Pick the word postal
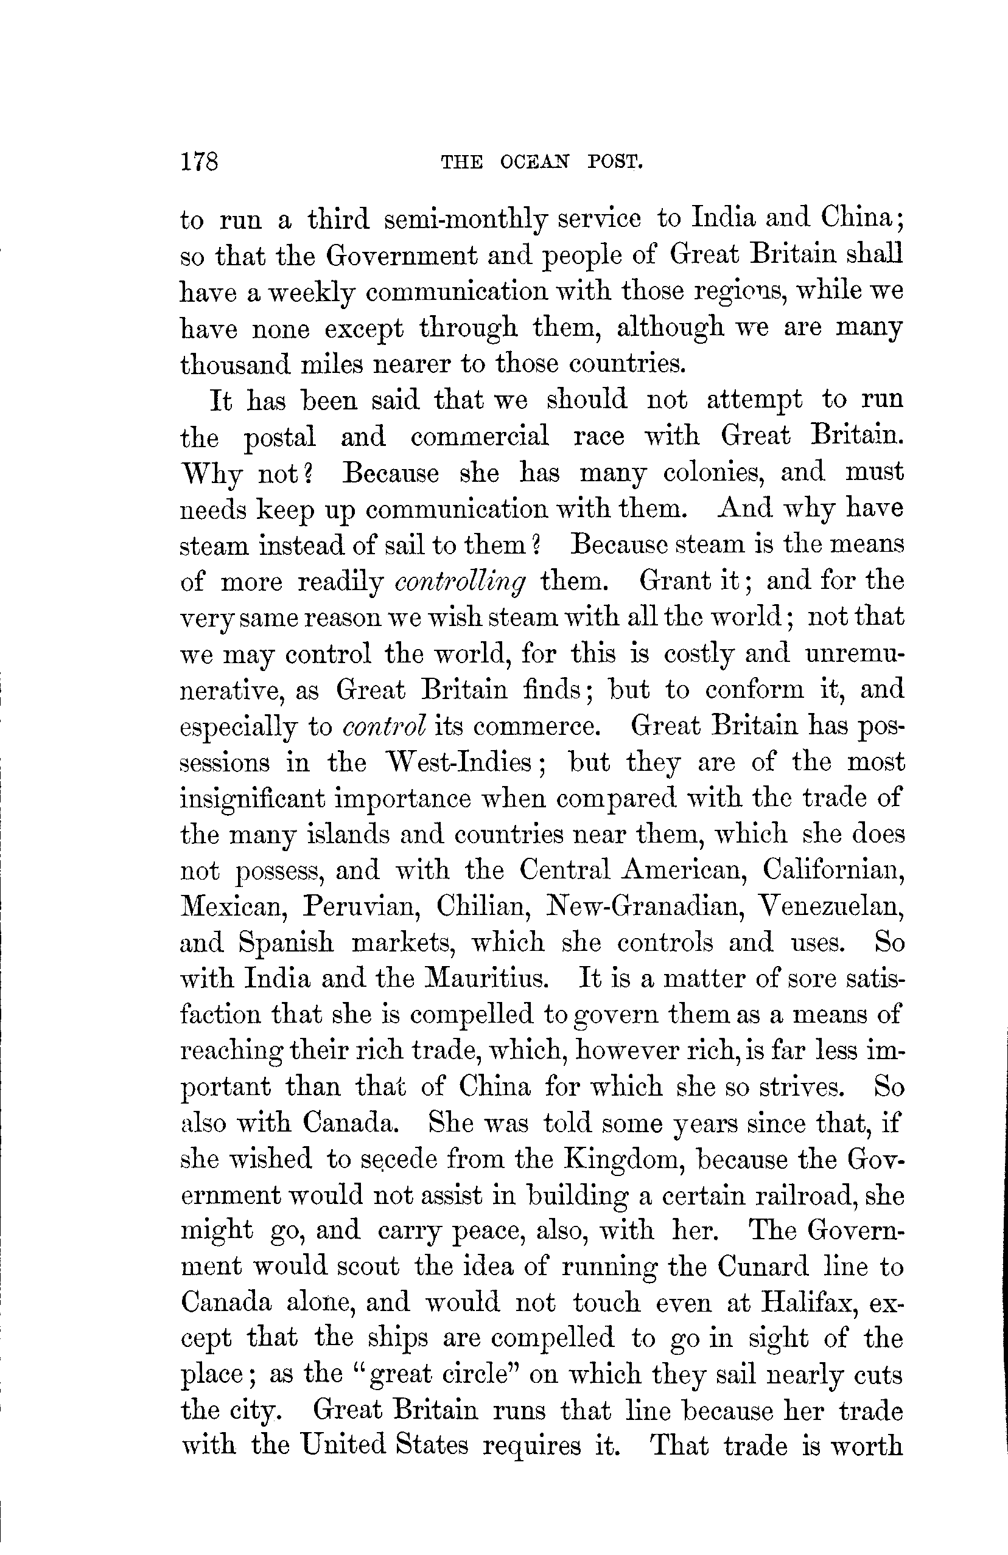[280, 437]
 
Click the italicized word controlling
[461, 582]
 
